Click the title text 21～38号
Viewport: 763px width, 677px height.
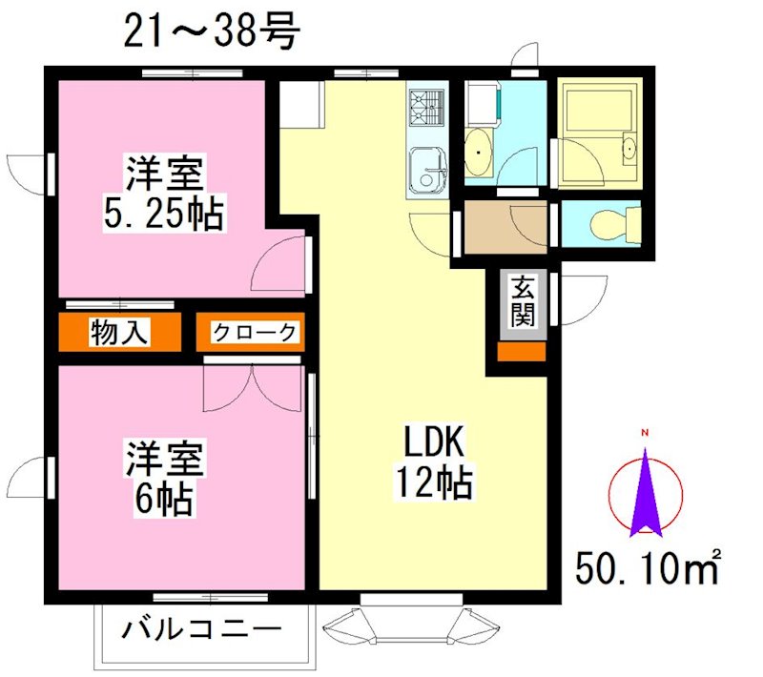[x=212, y=31]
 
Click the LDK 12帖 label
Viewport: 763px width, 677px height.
[x=434, y=463]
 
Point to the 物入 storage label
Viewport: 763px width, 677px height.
[x=120, y=333]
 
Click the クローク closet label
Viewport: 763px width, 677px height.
[x=253, y=333]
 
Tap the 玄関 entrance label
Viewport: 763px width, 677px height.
[x=521, y=300]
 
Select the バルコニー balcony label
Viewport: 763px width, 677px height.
[x=202, y=631]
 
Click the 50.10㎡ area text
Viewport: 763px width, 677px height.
[x=648, y=569]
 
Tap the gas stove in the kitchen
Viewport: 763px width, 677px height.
[x=426, y=108]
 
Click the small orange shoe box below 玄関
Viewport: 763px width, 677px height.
[x=521, y=350]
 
